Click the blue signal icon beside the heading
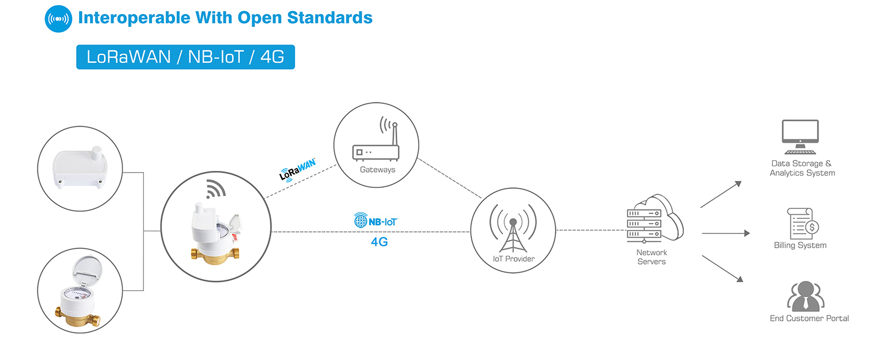coord(59,18)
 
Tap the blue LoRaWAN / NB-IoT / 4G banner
coord(185,57)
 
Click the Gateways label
coord(377,170)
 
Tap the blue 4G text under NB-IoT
coord(379,241)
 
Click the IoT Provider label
coord(513,259)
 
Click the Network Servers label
coord(651,257)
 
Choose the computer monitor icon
coord(800,136)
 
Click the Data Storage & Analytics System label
coord(802,168)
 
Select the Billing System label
coord(800,245)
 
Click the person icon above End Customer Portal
coord(805,296)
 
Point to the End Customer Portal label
coord(809,318)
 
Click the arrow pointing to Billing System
coord(725,233)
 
